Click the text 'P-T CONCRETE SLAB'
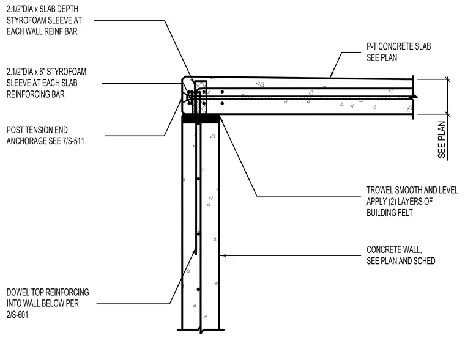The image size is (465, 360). (398, 46)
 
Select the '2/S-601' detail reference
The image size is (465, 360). (18, 315)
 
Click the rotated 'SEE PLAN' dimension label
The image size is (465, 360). (442, 139)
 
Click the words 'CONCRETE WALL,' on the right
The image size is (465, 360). (394, 250)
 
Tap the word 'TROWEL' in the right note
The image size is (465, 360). (379, 190)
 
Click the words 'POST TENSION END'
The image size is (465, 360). (37, 130)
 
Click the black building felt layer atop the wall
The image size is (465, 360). (201, 119)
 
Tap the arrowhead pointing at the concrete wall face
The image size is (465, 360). (223, 255)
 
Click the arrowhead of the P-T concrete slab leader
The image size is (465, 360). (332, 75)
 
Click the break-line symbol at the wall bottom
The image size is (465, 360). (201, 329)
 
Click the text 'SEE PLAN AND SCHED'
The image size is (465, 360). (401, 261)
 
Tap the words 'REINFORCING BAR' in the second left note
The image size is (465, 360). (35, 95)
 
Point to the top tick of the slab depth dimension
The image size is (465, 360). (448, 79)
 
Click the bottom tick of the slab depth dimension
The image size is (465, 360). (448, 114)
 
